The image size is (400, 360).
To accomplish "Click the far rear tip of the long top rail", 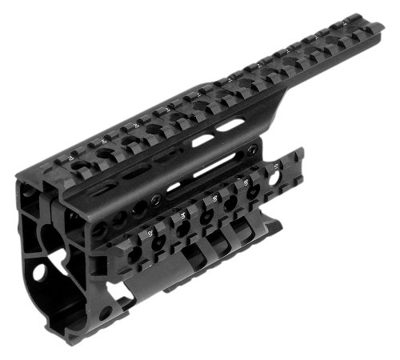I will (376, 30).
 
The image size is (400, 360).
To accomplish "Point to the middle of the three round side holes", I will (122, 220).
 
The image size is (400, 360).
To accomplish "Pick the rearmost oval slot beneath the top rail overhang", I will (230, 125).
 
